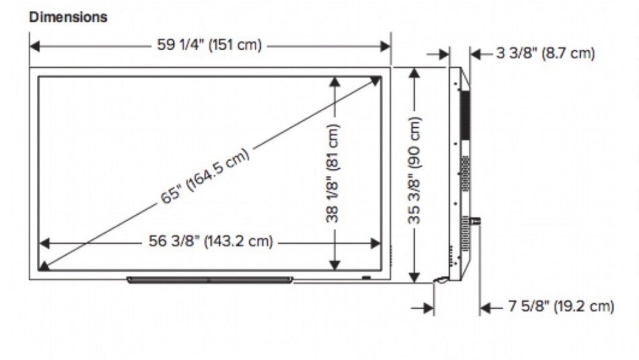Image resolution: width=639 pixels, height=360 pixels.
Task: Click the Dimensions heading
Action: [68, 18]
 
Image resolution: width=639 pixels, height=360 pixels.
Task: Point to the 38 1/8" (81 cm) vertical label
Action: [333, 173]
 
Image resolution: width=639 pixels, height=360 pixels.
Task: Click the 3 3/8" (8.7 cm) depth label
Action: [545, 54]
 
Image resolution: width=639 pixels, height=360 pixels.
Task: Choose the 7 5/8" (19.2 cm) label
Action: [561, 307]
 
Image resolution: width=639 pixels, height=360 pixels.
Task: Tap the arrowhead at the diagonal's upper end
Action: [376, 80]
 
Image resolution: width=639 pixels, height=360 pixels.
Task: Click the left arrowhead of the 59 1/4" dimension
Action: [35, 46]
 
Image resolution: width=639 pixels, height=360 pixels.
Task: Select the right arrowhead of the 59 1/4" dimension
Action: [385, 46]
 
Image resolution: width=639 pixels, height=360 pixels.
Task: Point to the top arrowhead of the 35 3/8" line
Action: [414, 73]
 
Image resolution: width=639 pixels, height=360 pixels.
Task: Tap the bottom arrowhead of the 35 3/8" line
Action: [414, 276]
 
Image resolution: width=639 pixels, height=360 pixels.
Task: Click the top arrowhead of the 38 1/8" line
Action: [334, 82]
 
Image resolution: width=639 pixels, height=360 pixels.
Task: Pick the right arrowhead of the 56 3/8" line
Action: [376, 242]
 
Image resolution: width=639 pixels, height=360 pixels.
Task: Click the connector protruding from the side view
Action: [476, 221]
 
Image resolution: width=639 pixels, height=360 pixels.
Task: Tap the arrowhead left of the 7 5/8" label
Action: [484, 308]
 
